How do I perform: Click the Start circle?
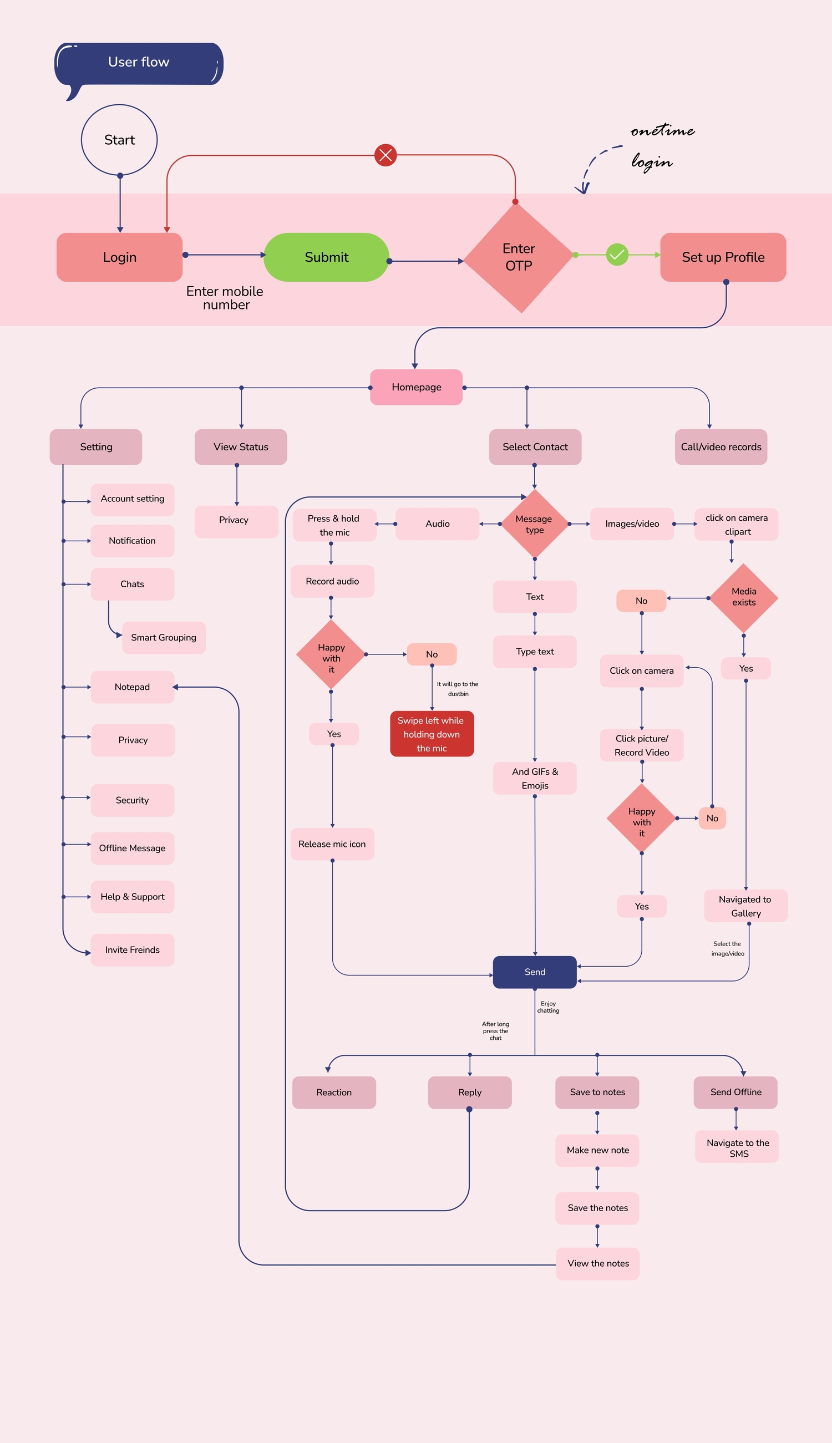[x=119, y=140]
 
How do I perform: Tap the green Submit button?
[x=326, y=257]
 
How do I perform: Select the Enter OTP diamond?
[x=519, y=258]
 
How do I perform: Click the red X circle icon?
[x=385, y=155]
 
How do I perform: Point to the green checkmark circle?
[x=617, y=255]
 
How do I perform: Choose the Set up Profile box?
[x=723, y=257]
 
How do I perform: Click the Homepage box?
[x=416, y=387]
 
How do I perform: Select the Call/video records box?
[x=721, y=447]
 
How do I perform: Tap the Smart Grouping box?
[x=164, y=638]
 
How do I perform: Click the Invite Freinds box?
[x=133, y=950]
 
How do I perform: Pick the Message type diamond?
[x=534, y=524]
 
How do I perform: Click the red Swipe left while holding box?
[x=432, y=734]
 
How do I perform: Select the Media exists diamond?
[x=743, y=597]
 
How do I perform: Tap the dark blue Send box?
[x=535, y=972]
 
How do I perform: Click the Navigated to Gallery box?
[x=745, y=906]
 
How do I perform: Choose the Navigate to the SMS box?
[x=737, y=1147]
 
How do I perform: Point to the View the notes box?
[x=598, y=1263]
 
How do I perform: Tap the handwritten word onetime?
[x=662, y=131]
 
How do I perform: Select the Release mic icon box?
[x=332, y=844]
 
